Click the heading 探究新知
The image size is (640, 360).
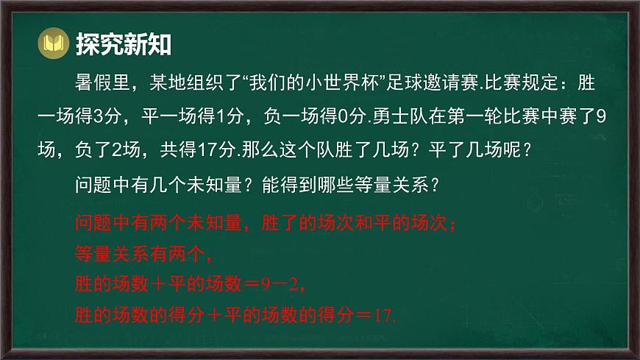tap(124, 45)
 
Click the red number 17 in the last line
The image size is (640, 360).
tap(381, 316)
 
